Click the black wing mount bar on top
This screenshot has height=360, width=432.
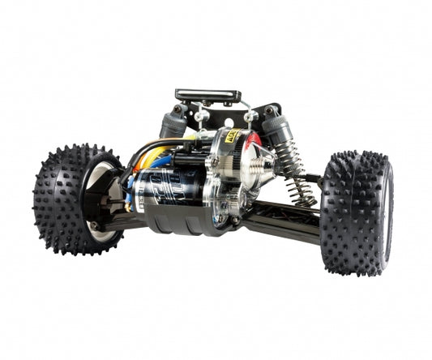tap(208, 96)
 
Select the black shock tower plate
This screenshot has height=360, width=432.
tap(267, 110)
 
